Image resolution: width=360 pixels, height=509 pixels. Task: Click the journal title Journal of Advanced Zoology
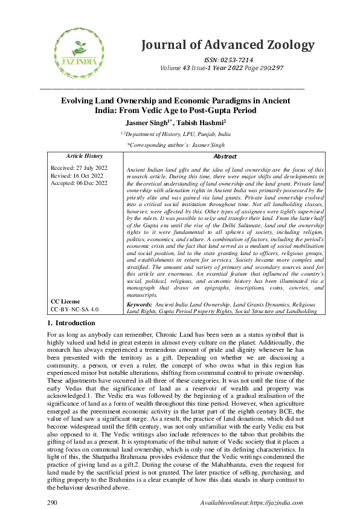[228, 45]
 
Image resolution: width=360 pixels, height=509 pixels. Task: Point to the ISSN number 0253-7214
[237, 61]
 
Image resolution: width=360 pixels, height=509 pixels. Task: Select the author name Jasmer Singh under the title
[153, 123]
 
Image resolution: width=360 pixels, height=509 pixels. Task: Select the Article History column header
[84, 156]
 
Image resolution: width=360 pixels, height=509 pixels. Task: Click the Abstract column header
[225, 156]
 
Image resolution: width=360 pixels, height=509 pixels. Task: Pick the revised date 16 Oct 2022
[89, 175]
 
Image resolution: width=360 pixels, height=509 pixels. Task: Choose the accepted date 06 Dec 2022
[93, 182]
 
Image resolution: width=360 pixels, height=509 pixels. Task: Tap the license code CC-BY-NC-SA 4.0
[75, 308]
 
